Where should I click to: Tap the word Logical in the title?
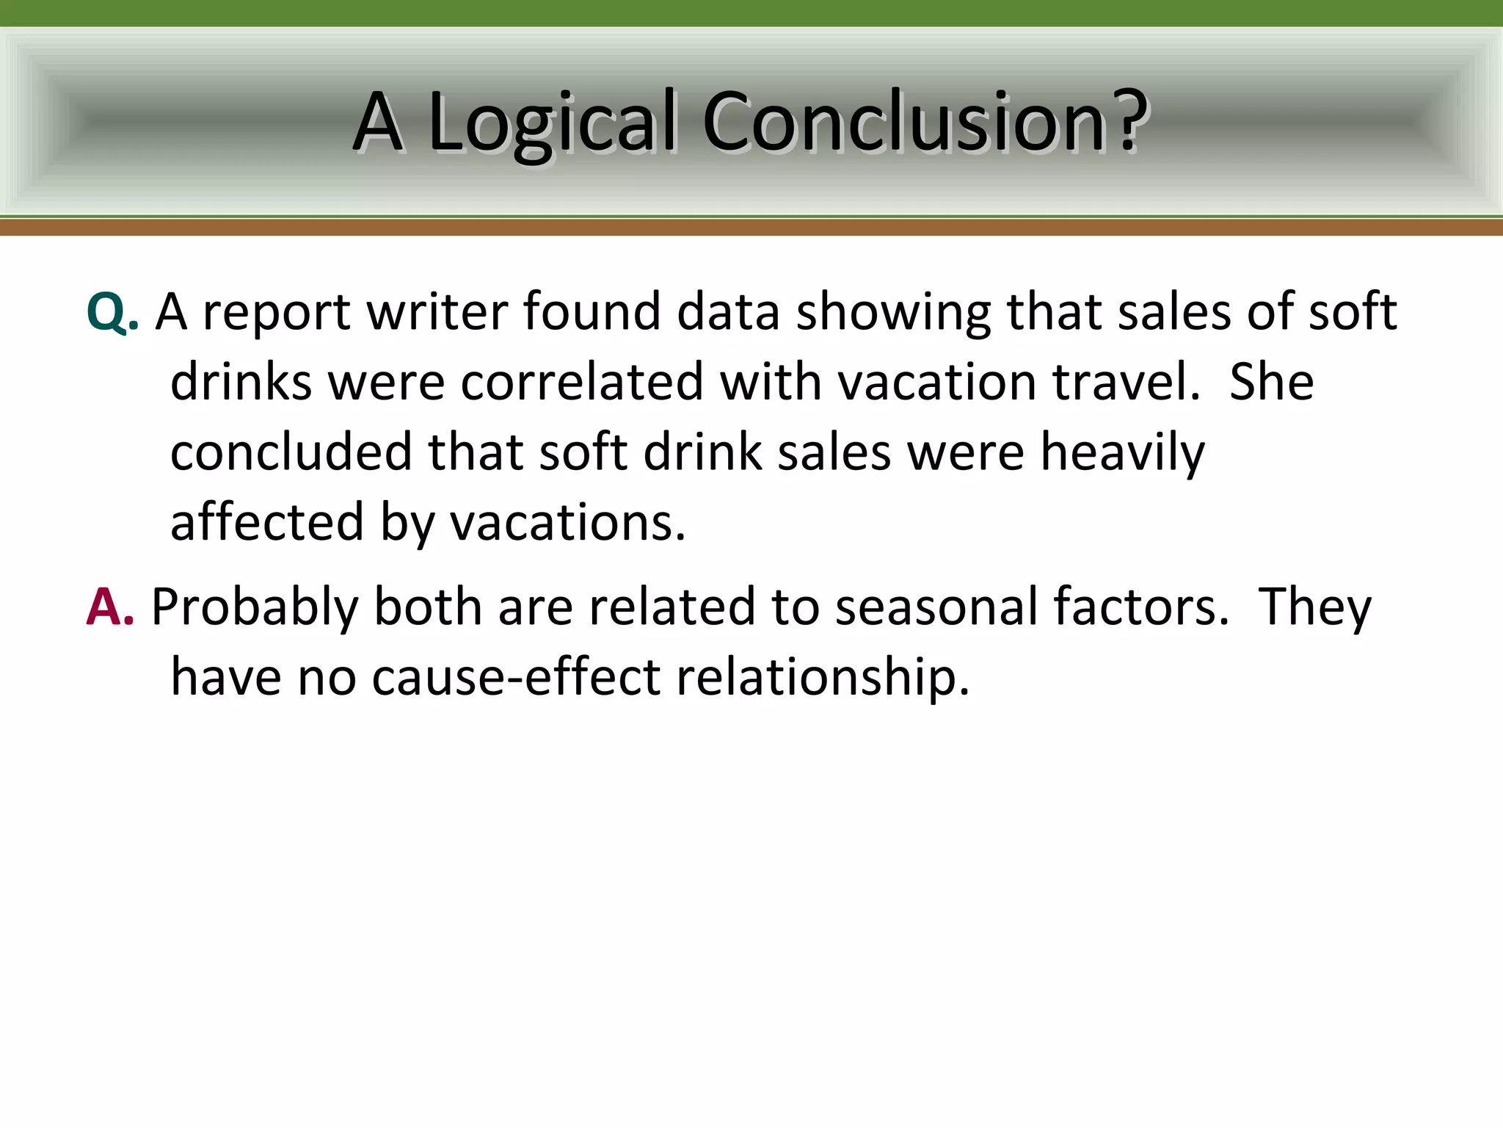(551, 123)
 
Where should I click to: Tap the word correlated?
(582, 382)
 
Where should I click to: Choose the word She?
(1271, 382)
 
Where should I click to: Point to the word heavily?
(1123, 454)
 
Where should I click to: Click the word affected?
(267, 522)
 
